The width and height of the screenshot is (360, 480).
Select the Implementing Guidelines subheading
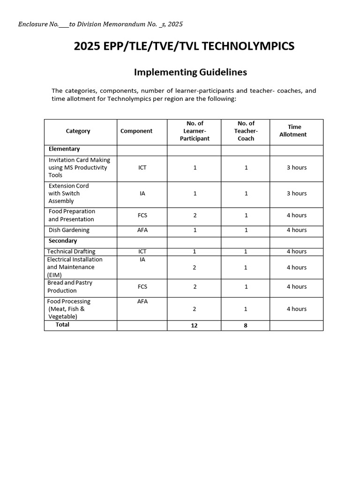click(x=190, y=72)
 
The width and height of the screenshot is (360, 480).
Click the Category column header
click(x=78, y=131)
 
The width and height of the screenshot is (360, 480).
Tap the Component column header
click(x=136, y=131)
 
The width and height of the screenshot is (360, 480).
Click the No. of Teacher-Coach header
click(x=246, y=131)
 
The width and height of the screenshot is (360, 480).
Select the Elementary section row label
click(x=64, y=149)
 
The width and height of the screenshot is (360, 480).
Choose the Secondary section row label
click(x=63, y=241)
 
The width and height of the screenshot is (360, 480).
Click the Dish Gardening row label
click(x=69, y=230)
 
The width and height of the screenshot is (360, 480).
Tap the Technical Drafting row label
click(x=71, y=252)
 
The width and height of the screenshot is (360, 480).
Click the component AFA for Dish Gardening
click(x=142, y=230)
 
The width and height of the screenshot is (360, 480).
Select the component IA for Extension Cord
click(x=142, y=193)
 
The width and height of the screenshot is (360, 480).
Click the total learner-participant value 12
click(x=195, y=325)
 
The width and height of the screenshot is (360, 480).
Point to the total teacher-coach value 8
click(x=246, y=325)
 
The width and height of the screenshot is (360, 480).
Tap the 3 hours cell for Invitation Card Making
click(x=297, y=168)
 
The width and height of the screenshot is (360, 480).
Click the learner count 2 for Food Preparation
click(x=195, y=216)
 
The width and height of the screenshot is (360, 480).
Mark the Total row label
click(x=62, y=325)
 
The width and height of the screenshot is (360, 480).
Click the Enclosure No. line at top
click(x=100, y=24)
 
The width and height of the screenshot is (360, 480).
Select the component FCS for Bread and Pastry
click(x=142, y=287)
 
